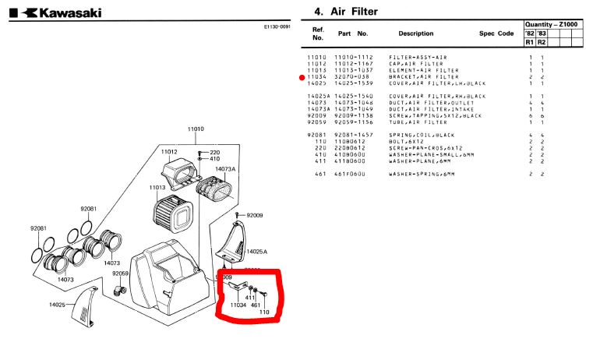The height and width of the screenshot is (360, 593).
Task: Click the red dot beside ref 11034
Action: click(302, 78)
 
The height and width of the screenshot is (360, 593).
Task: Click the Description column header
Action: click(416, 34)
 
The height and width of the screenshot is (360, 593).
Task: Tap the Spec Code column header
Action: click(496, 34)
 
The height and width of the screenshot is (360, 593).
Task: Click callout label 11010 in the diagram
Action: click(195, 129)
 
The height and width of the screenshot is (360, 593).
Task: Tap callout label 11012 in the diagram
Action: click(169, 151)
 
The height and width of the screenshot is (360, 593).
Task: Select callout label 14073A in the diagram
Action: click(225, 168)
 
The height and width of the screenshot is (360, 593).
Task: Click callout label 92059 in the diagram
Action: click(120, 274)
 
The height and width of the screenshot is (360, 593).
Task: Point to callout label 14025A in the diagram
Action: click(257, 252)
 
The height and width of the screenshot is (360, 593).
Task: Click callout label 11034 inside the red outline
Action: click(238, 305)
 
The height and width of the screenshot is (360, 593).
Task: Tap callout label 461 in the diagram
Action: click(255, 305)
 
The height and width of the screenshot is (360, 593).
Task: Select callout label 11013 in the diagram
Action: click(157, 187)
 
